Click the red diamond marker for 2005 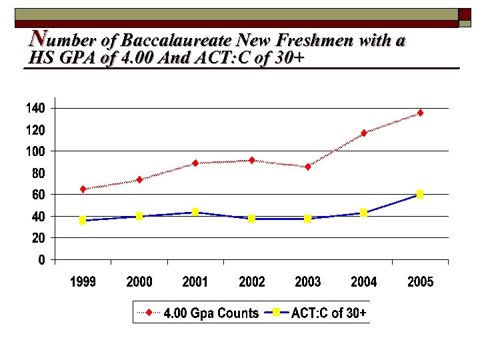(420, 113)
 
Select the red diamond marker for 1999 (83, 189)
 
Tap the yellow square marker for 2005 (420, 194)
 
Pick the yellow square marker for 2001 (195, 212)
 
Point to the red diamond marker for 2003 (307, 167)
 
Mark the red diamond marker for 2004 (364, 133)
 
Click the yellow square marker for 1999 (83, 220)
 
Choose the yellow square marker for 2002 (251, 218)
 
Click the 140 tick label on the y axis (36, 108)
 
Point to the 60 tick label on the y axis (39, 195)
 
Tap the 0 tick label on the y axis (41, 260)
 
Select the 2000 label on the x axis (139, 282)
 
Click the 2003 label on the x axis (307, 282)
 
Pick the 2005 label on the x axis (420, 282)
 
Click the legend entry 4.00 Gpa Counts (211, 313)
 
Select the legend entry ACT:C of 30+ (328, 313)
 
